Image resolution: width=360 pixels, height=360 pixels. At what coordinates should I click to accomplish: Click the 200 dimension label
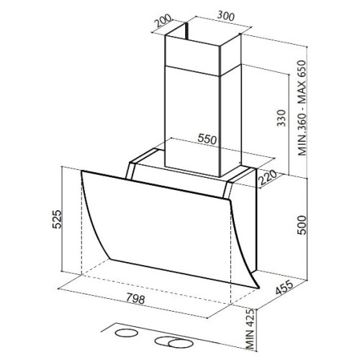click(163, 21)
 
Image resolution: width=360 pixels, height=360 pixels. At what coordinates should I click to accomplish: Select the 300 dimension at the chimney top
click(225, 16)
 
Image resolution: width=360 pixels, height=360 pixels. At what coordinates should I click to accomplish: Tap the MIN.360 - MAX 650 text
click(302, 108)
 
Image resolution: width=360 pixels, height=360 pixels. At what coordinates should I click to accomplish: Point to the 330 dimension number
click(282, 118)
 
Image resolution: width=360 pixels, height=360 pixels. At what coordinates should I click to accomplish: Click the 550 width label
click(207, 139)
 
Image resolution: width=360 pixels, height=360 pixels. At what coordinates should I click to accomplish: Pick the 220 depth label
click(267, 179)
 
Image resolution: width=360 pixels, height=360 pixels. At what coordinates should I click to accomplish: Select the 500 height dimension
click(302, 225)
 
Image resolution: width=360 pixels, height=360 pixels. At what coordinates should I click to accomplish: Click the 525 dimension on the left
click(57, 219)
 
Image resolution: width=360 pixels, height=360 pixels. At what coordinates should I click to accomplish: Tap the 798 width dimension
click(135, 299)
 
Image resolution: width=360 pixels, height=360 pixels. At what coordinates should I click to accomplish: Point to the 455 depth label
click(284, 287)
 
